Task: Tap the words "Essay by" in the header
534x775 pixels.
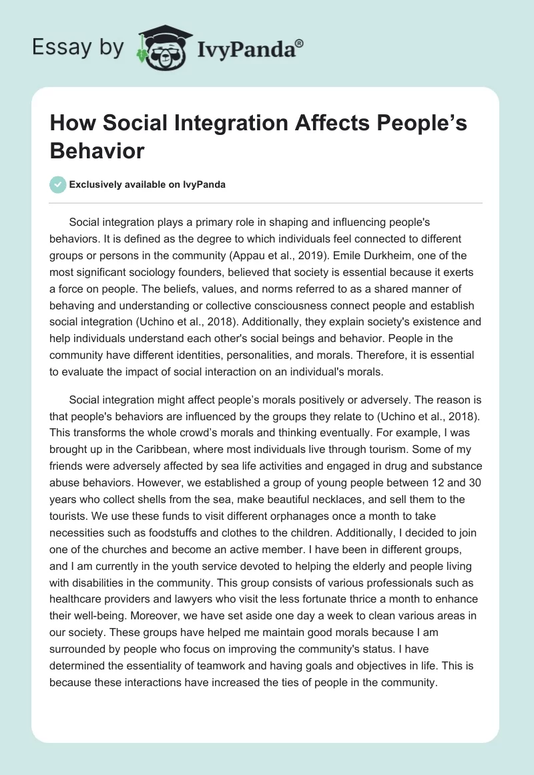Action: pos(79,48)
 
